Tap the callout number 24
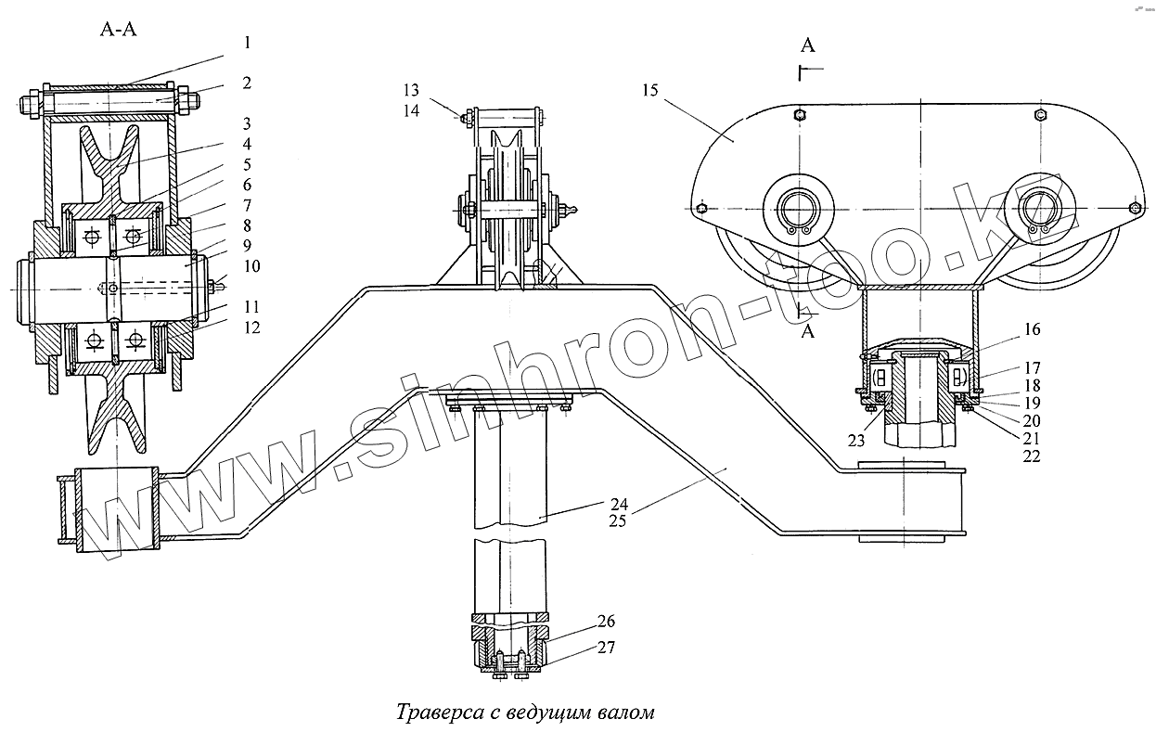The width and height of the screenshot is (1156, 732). [x=620, y=504]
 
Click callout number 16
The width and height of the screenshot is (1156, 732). [x=1032, y=328]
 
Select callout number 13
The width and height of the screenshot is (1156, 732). [x=411, y=90]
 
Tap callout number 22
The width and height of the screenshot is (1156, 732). [x=1032, y=456]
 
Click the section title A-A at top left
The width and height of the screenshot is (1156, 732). [x=118, y=29]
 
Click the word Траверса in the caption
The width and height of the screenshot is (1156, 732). [x=438, y=713]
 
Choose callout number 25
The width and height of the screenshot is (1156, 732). [x=620, y=520]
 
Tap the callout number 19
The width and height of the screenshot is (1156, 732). [x=1032, y=403]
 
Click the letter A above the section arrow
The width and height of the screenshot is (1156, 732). [x=808, y=45]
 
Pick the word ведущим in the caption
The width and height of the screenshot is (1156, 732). [x=541, y=713]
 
